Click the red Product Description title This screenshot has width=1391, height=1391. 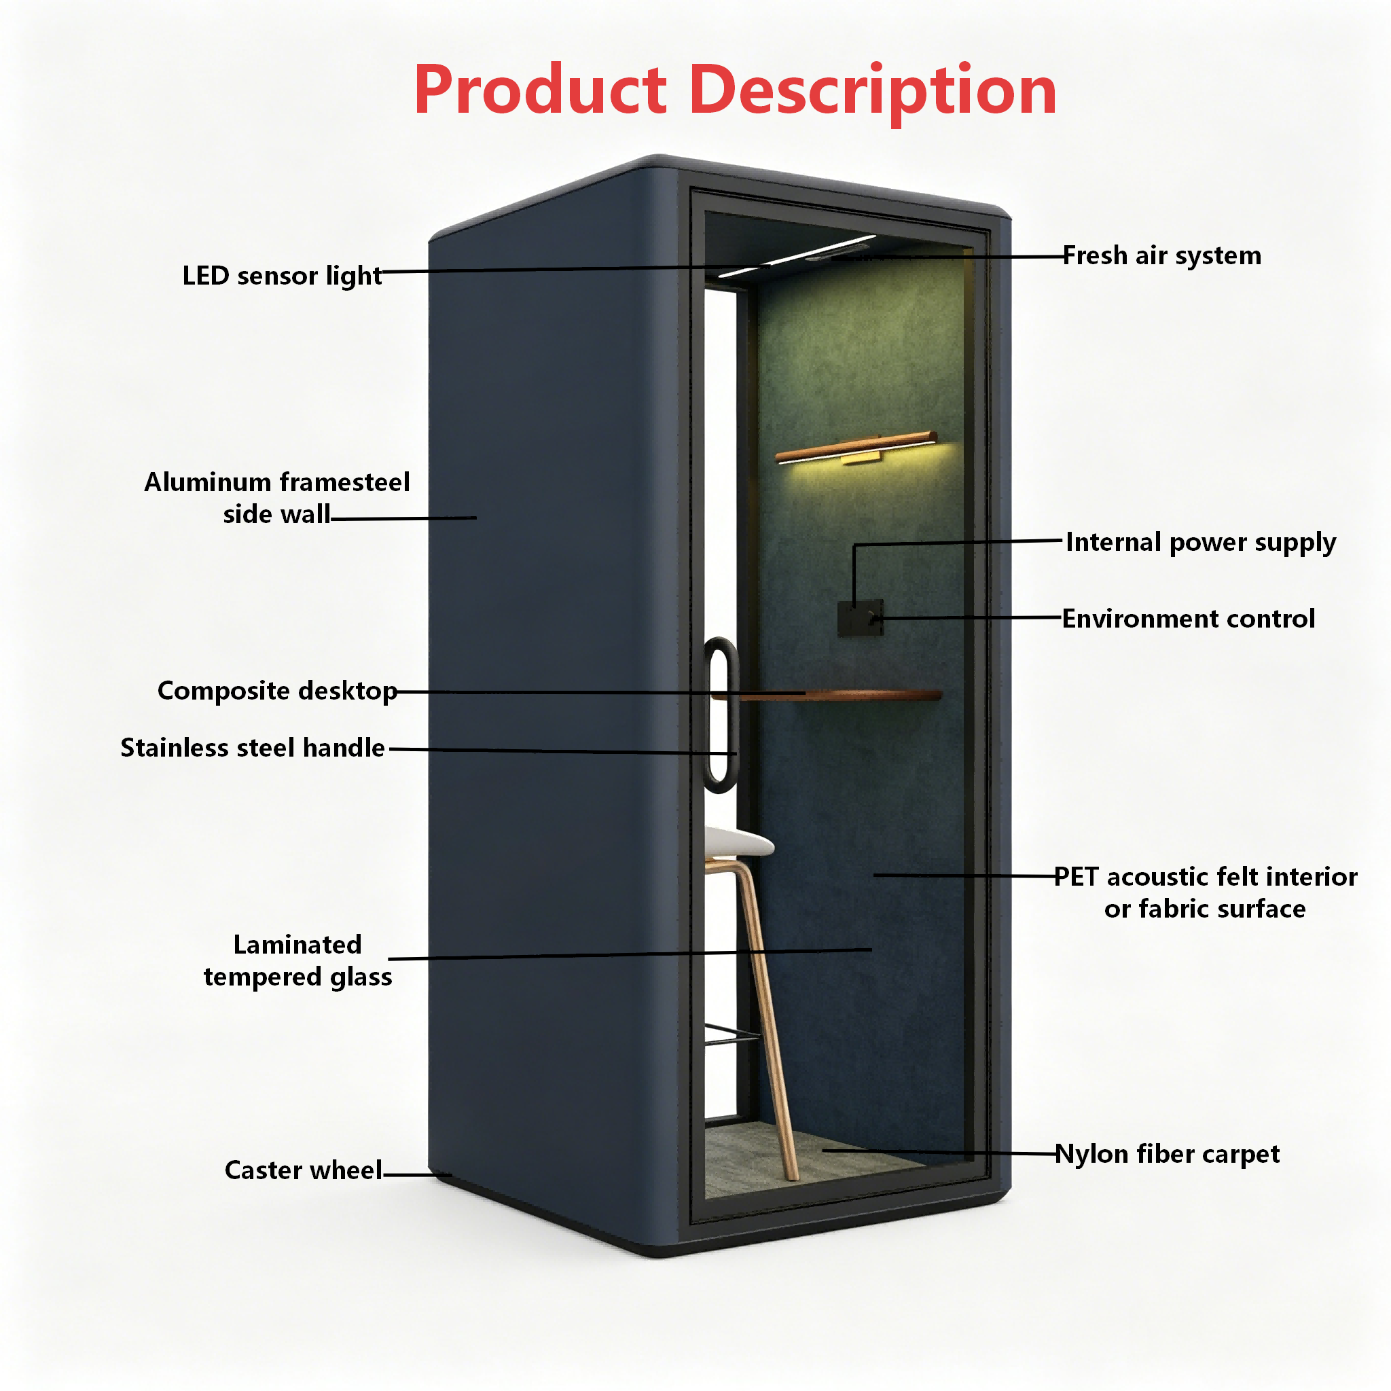click(735, 92)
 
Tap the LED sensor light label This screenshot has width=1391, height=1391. click(281, 276)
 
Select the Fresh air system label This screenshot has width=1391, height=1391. click(1162, 255)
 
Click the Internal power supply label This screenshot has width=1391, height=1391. click(1200, 542)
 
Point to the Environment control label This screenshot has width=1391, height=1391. click(1188, 619)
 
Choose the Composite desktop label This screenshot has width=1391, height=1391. click(277, 691)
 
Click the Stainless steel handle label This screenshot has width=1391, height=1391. click(253, 747)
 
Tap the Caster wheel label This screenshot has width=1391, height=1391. click(303, 1170)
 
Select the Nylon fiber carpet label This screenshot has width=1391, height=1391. click(1167, 1154)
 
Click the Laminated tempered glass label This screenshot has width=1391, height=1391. click(297, 960)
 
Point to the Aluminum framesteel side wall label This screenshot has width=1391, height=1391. click(277, 497)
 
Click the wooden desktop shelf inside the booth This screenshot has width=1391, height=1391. click(827, 695)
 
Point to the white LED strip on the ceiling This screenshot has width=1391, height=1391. click(796, 255)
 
